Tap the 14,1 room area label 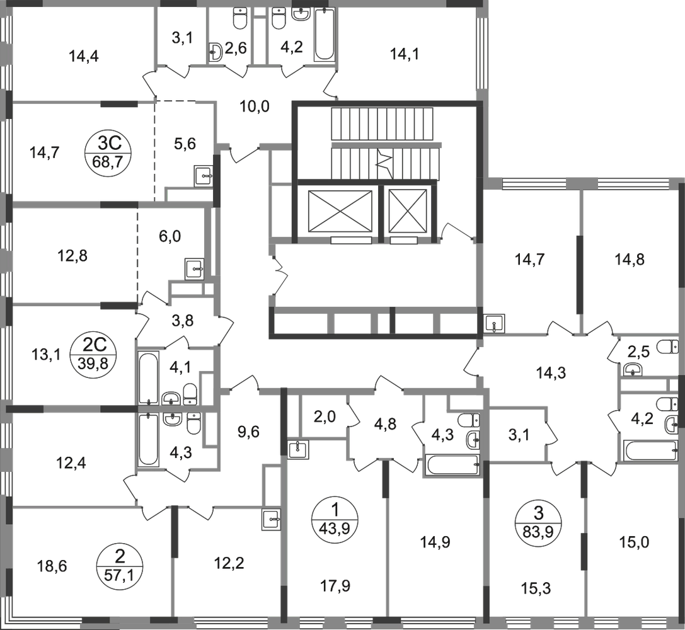404,55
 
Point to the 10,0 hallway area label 255,106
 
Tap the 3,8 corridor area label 184,318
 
